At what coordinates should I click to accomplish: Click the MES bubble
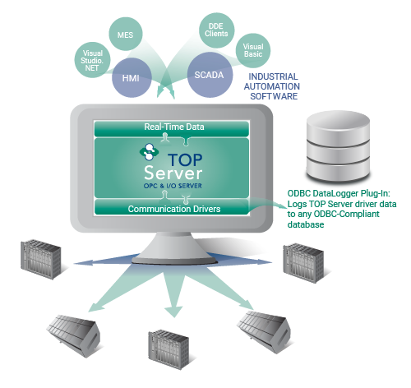tap(126, 34)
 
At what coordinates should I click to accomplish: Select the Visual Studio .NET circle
tap(93, 60)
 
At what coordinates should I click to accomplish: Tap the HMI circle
tap(132, 77)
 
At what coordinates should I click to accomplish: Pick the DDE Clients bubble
tap(216, 30)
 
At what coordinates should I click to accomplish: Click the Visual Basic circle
tap(253, 50)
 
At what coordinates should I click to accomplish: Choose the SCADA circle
tap(210, 75)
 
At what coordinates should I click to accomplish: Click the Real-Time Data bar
tap(172, 128)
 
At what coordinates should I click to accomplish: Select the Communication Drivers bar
tap(172, 207)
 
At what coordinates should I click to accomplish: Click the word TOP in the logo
tap(185, 159)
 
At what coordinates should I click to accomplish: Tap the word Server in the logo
tap(173, 173)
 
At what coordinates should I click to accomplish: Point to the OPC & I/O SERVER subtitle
tap(173, 186)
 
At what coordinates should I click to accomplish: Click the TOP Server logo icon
tap(149, 151)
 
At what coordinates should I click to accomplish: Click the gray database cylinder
tap(338, 146)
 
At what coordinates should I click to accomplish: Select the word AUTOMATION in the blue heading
tap(272, 86)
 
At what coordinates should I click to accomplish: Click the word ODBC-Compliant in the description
tap(346, 214)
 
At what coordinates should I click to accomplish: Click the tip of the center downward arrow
tap(174, 317)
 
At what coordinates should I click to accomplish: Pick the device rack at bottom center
tap(169, 349)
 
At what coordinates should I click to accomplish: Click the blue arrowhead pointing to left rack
tap(83, 262)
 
